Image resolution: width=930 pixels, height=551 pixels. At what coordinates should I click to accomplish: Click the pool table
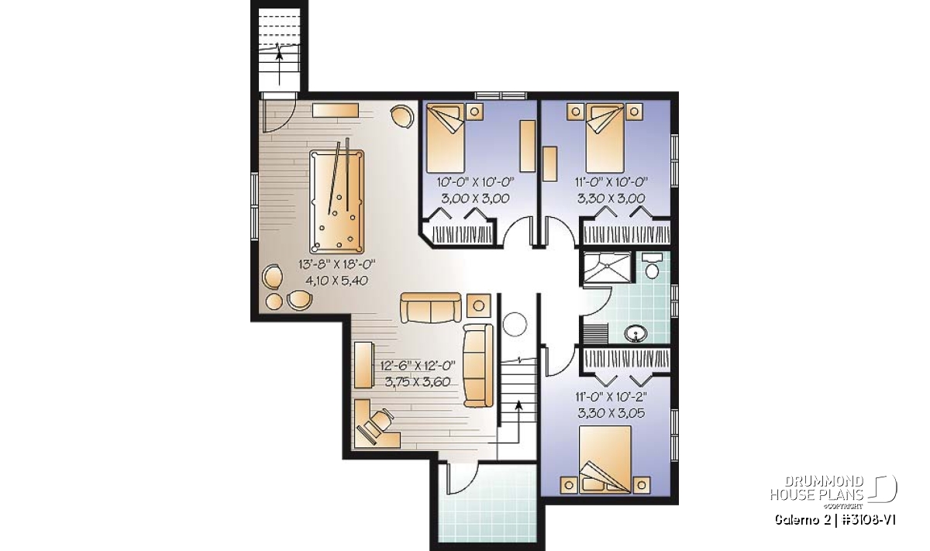336,201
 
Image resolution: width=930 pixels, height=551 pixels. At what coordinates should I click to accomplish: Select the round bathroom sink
635,333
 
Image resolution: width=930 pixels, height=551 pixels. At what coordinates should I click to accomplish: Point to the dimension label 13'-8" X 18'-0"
336,264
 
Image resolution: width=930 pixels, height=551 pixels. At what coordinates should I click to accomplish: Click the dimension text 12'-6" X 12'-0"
418,365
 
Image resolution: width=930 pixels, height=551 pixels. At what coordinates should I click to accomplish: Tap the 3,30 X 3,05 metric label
611,413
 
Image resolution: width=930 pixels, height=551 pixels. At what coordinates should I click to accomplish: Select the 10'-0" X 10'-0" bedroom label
475,182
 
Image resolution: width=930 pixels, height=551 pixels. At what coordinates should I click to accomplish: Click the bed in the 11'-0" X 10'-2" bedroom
605,460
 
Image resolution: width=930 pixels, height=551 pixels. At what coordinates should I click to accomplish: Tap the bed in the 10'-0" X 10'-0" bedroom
446,138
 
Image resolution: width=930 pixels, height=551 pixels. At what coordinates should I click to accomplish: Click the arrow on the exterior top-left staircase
280,67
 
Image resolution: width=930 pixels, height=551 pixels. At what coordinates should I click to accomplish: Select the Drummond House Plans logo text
817,488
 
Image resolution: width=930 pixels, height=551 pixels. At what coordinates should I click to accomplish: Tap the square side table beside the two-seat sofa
479,305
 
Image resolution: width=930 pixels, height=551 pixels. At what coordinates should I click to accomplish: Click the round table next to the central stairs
515,324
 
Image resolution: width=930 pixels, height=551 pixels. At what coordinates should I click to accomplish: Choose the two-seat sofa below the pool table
431,307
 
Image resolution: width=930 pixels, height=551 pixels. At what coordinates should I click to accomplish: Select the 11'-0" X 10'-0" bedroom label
611,182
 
